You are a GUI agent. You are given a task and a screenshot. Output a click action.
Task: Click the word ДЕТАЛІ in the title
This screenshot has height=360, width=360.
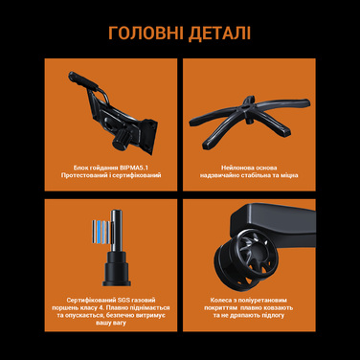(217, 34)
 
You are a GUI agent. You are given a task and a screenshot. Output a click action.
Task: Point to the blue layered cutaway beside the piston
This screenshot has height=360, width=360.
(97, 235)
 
